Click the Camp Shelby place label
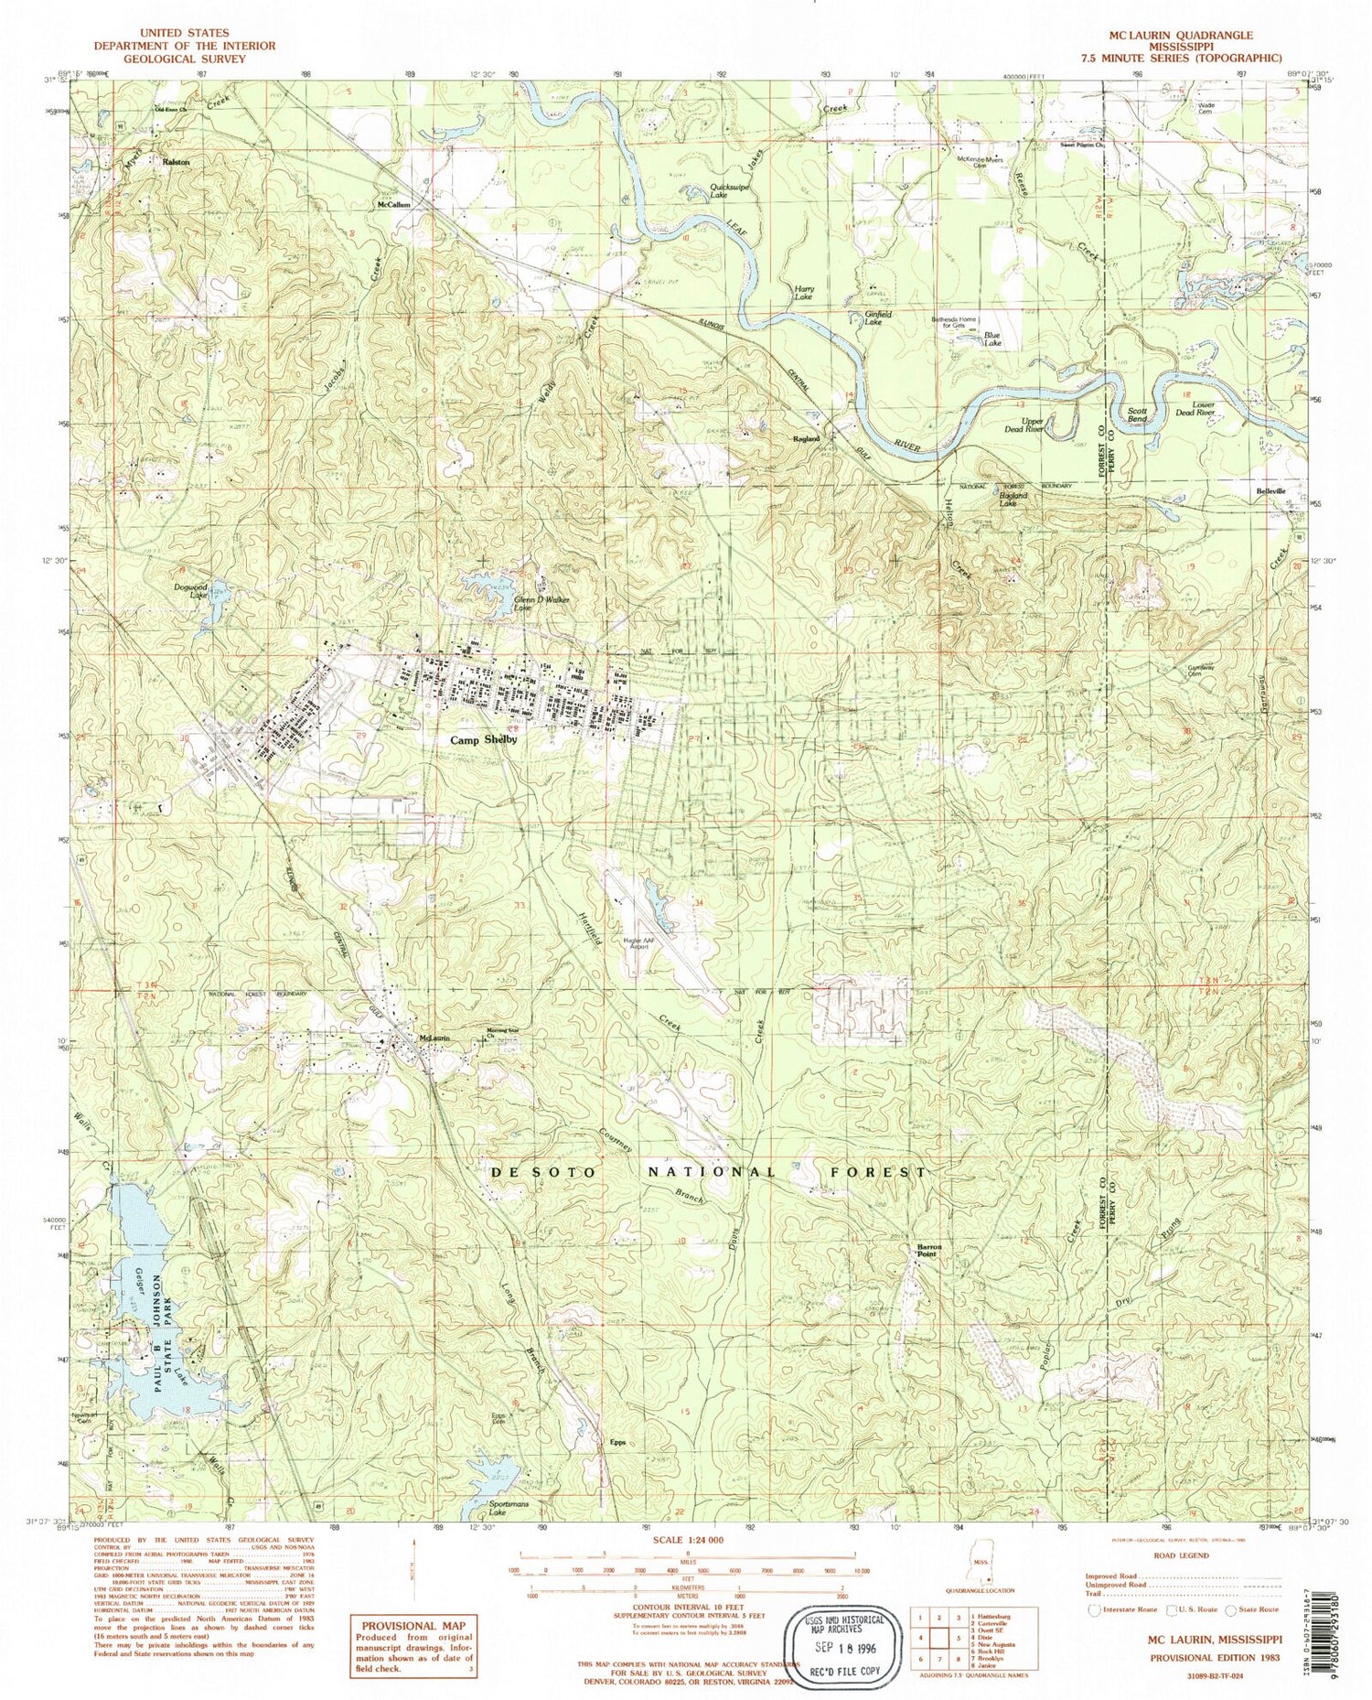[475, 742]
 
